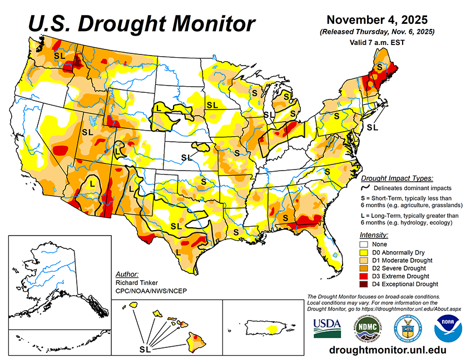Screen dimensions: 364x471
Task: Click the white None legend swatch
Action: [365, 244]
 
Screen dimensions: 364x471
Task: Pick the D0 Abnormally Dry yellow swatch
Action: [365, 252]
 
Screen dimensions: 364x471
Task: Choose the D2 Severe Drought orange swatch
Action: [365, 268]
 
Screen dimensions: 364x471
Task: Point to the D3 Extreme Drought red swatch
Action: [365, 276]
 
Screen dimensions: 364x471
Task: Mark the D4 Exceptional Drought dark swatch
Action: [365, 284]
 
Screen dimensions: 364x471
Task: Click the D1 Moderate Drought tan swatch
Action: [365, 260]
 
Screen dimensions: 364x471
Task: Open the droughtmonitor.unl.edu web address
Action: [388, 350]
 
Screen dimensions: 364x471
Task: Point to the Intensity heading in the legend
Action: [374, 235]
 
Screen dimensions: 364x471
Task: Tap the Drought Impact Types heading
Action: [397, 178]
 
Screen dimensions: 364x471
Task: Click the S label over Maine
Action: [380, 66]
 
